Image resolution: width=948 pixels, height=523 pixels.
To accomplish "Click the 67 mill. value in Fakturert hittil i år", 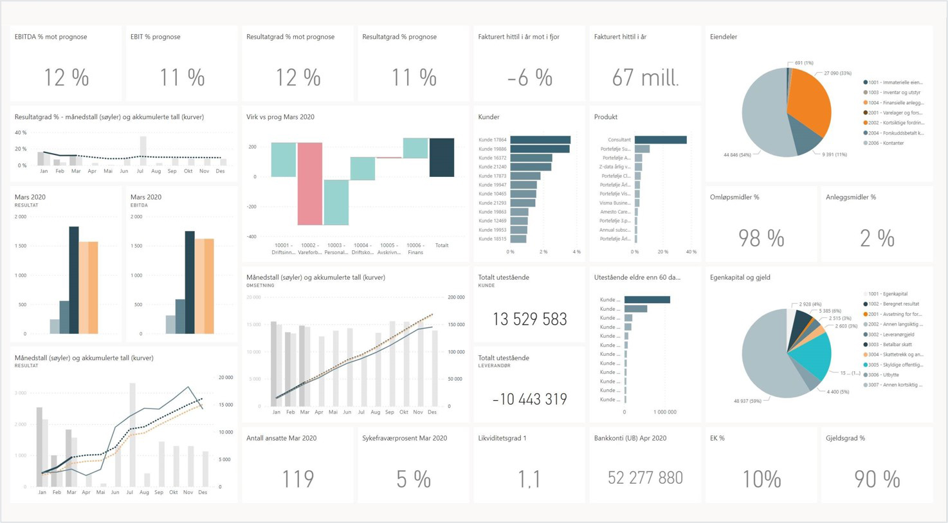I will click(645, 78).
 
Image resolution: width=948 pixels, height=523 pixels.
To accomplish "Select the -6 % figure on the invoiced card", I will click(529, 78).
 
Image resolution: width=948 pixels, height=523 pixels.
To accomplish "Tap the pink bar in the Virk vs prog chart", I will click(309, 183).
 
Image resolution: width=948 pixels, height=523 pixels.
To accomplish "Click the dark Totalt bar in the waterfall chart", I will click(442, 157).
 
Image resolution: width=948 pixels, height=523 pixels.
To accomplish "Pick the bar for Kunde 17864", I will click(540, 140).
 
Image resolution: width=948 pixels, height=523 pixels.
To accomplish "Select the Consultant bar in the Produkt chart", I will click(661, 140).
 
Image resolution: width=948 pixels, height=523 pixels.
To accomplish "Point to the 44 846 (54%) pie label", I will click(737, 155).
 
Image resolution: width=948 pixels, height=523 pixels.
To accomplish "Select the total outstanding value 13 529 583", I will click(529, 319).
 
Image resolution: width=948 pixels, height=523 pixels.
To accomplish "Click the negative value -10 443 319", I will click(529, 399).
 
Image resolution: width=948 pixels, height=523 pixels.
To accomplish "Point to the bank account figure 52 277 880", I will click(645, 478).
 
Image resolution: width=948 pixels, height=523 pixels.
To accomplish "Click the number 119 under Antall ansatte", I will click(298, 479).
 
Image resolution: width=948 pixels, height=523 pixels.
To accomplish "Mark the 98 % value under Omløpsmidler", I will click(761, 239).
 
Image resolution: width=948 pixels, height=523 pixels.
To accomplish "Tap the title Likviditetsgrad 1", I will click(502, 438).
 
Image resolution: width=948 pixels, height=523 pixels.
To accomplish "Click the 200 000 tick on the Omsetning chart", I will click(456, 297).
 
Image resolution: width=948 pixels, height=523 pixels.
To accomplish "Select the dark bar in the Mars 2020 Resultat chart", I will click(74, 280).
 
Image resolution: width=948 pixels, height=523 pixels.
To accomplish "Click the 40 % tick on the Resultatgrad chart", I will click(21, 133).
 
